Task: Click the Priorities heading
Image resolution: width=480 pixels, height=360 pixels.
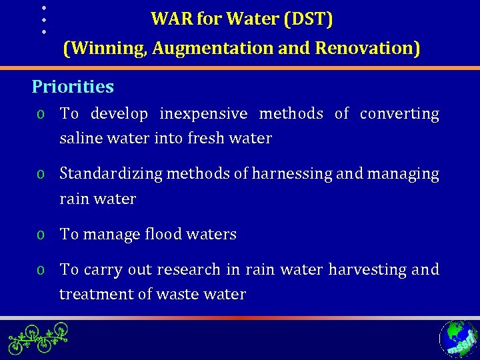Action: [73, 87]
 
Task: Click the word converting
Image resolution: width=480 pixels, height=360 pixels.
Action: [399, 114]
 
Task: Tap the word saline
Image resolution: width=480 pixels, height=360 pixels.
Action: [79, 139]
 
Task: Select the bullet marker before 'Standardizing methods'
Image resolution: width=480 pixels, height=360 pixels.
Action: [41, 175]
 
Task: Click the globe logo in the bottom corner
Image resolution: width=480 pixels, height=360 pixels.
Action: [459, 339]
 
